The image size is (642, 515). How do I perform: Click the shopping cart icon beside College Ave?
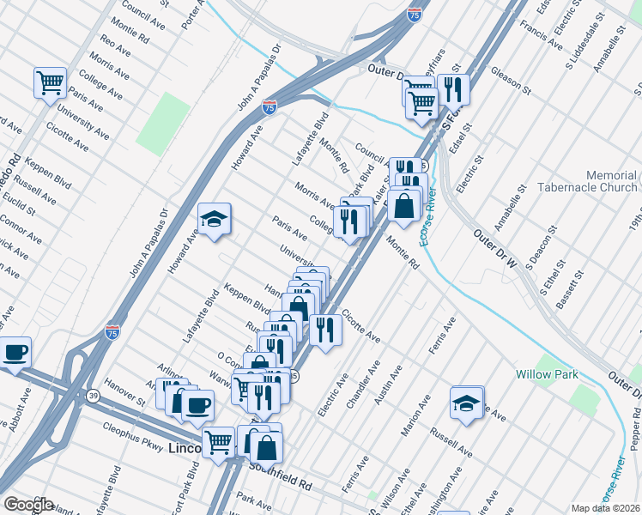(50, 82)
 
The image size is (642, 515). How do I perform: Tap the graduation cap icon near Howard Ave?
(214, 219)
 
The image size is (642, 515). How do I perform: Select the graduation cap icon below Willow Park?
(466, 403)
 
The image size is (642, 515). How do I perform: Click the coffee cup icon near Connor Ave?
(15, 352)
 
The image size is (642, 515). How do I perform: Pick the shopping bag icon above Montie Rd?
(403, 205)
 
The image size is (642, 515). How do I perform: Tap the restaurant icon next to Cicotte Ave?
(324, 330)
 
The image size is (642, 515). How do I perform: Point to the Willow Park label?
(547, 374)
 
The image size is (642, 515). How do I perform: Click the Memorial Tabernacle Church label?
(587, 181)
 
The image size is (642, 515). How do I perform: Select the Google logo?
(27, 505)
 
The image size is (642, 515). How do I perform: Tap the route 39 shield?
(92, 395)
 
